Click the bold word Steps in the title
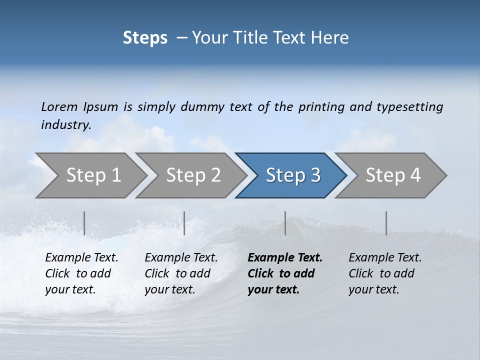click(145, 38)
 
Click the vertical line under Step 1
click(84, 223)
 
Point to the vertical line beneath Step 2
click(184, 223)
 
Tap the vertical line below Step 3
click(285, 223)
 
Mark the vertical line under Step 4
click(386, 223)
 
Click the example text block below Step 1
click(81, 273)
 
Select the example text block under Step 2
click(181, 273)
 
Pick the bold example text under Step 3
click(285, 273)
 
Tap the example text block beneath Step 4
click(385, 273)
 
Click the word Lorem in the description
click(59, 106)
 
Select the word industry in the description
click(66, 125)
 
